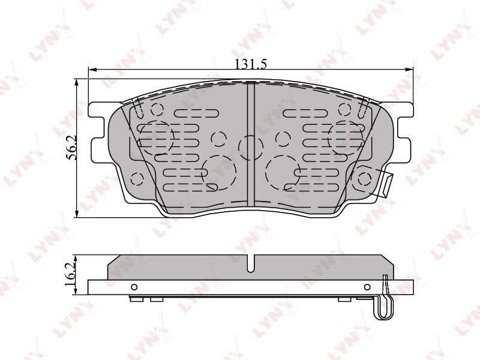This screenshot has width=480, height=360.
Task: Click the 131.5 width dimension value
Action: coord(251,64)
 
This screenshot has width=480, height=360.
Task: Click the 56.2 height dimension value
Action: coord(71,148)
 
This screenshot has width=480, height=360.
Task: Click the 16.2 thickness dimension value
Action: coord(70,274)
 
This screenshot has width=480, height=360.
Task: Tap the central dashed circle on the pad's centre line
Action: coord(251,148)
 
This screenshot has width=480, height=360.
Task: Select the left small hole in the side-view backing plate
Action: coord(134,287)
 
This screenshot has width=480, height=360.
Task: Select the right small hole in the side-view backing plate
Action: coord(367,287)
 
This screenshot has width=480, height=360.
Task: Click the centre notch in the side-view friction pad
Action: coord(251,263)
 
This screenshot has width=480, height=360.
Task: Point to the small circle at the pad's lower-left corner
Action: coord(137,179)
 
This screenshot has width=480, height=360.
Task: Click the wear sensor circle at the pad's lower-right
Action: coord(364,179)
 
